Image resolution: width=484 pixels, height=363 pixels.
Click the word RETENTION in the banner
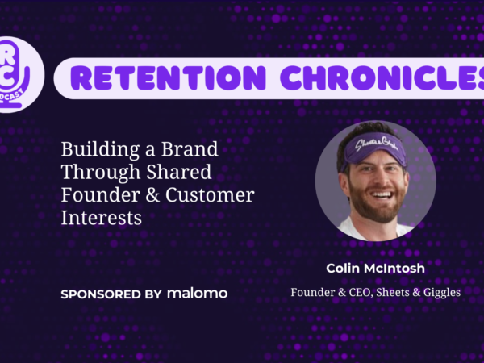(168, 77)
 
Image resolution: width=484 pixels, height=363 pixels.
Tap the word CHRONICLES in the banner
(382, 77)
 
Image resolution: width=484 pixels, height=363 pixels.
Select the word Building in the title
(100, 150)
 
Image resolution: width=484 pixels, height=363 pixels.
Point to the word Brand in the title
(190, 148)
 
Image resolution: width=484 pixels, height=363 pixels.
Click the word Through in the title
(101, 173)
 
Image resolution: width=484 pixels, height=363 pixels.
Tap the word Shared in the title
(179, 172)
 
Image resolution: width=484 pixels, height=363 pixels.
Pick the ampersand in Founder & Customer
(152, 195)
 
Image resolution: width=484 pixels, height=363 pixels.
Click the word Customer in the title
(210, 195)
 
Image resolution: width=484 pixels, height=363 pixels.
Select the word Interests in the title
(102, 218)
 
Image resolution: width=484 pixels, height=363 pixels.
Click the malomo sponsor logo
(198, 294)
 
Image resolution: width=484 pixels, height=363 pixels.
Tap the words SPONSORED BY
(111, 294)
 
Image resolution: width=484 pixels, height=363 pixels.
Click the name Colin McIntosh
(375, 269)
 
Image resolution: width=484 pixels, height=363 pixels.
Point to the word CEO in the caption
(359, 292)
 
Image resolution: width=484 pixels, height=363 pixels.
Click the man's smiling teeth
(382, 196)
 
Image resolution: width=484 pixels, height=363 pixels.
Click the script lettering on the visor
(374, 144)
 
